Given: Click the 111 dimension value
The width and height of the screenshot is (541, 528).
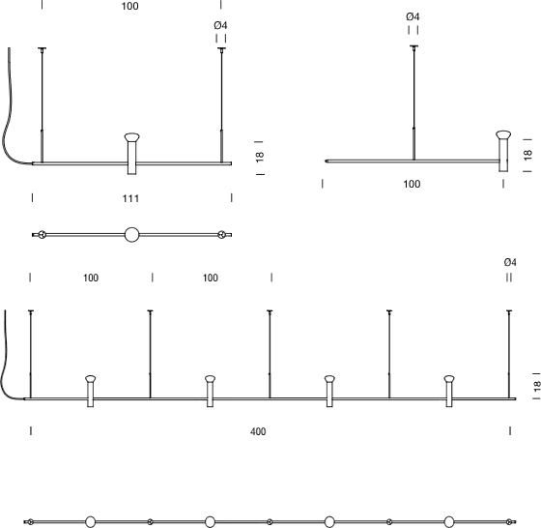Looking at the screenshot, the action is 130,198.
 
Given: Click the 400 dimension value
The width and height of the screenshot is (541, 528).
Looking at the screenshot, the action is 258,431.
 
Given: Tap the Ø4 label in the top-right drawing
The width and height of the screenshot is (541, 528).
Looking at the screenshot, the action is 413,16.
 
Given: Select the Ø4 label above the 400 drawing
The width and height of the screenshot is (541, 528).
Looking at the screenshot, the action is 510,262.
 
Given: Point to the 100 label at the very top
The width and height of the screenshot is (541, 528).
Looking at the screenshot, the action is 130,6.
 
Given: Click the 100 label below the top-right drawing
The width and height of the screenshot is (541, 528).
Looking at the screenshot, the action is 412,184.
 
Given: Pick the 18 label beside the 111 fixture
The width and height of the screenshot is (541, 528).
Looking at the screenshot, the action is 260,157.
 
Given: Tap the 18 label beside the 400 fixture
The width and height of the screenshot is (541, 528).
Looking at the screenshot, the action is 536,386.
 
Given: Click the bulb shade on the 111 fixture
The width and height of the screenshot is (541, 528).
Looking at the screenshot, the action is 131,137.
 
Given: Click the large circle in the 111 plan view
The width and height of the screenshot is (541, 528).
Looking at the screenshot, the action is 131,235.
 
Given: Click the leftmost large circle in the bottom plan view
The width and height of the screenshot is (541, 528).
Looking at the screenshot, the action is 91,522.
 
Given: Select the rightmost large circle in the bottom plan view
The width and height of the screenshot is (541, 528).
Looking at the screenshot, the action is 449,522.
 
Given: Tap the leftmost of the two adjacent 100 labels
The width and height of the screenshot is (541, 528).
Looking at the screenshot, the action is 91,278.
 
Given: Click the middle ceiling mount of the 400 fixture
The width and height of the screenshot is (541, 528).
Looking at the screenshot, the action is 270,311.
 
